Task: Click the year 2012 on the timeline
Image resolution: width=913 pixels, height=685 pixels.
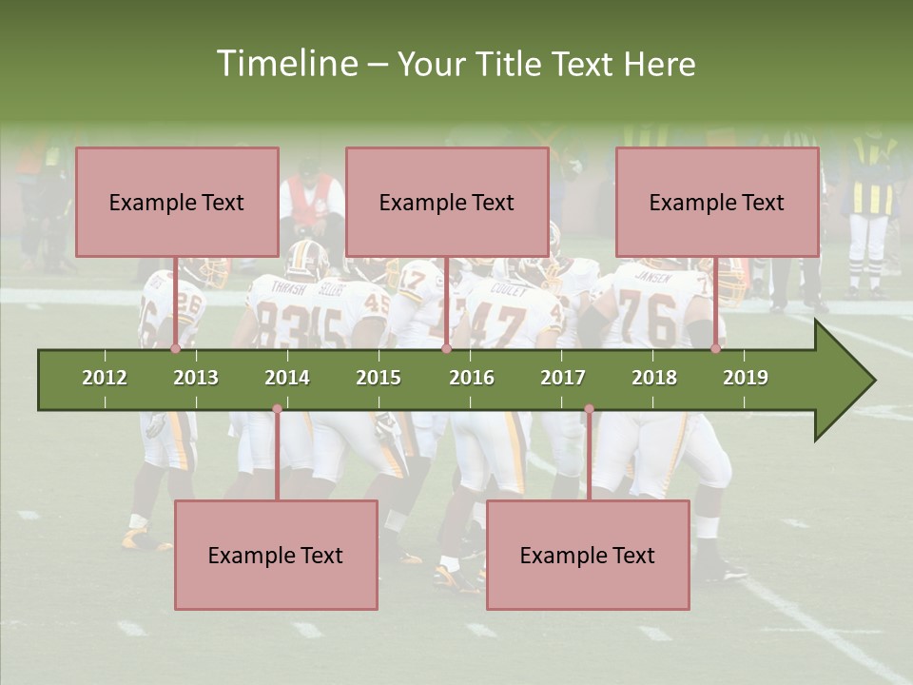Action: pos(105,378)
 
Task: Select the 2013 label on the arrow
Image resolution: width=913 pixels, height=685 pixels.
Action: pos(196,378)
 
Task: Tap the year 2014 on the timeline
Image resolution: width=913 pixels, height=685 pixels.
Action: pos(287,378)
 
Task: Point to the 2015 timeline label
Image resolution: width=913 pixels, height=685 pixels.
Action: pos(379,378)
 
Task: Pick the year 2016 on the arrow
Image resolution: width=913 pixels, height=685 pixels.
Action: pos(472,378)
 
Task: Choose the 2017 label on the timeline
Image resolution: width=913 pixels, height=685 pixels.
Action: pos(563,378)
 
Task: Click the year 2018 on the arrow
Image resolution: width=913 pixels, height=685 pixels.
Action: pos(654,378)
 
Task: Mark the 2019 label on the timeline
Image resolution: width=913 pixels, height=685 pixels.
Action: pos(746,378)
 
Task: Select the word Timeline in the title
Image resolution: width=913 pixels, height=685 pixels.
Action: pos(286,64)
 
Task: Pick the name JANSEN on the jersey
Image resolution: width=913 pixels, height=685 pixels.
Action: pos(652,279)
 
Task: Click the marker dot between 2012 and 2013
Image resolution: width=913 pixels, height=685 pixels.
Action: pos(176,349)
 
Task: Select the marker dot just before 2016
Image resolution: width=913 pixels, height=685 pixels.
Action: pos(446,349)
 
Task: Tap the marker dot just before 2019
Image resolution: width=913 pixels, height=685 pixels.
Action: pos(716,349)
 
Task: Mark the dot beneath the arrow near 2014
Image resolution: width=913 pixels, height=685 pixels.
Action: pos(277,409)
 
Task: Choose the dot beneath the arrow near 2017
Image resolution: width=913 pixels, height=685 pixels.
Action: pos(589,409)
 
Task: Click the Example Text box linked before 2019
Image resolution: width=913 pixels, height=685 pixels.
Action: pos(717,202)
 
